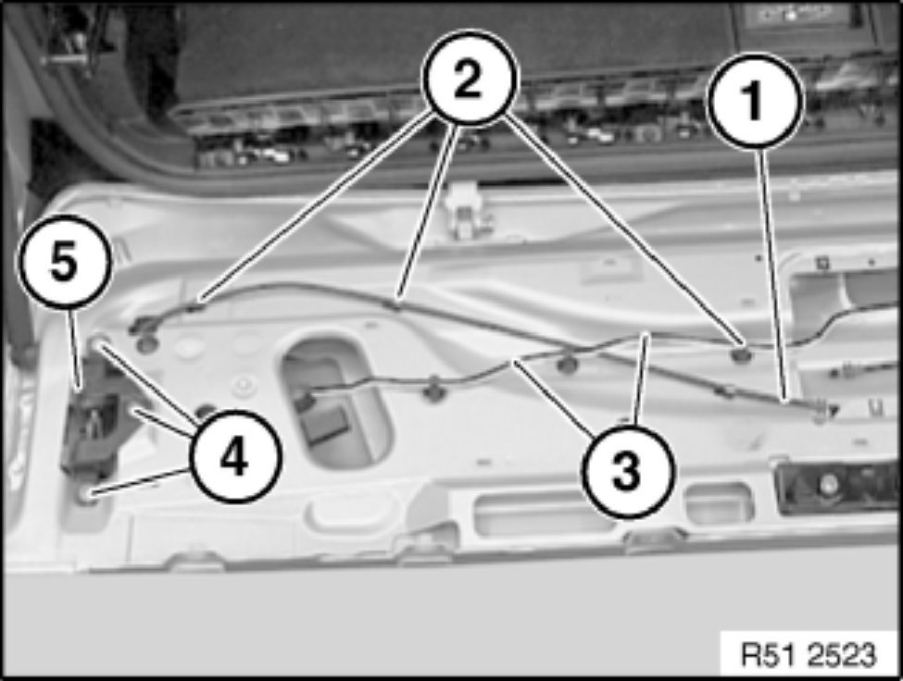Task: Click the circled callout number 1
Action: (x=754, y=101)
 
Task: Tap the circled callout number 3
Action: (x=627, y=468)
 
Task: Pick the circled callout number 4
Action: (x=235, y=455)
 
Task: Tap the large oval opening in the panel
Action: (x=334, y=402)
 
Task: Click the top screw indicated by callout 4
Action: (x=98, y=344)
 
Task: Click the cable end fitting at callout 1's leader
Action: (x=821, y=409)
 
